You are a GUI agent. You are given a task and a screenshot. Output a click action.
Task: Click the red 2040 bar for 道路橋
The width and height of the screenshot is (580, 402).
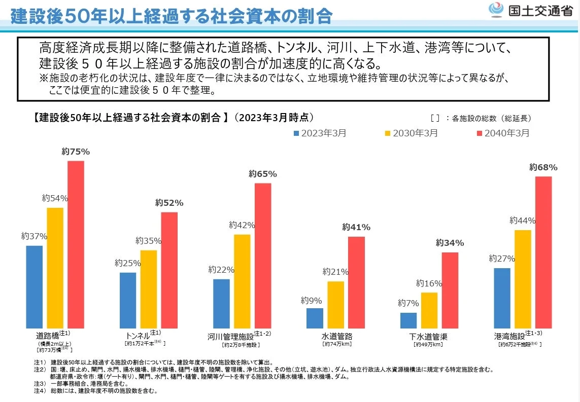tap(76, 244)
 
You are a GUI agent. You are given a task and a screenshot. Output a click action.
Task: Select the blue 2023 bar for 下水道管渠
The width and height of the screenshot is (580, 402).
tap(408, 320)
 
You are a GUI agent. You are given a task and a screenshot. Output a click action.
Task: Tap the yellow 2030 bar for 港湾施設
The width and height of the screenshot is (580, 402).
tap(523, 279)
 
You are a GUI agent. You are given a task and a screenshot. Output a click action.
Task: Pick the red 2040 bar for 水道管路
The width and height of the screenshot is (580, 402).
tap(356, 282)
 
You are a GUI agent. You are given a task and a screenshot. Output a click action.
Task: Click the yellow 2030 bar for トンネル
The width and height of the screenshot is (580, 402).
tap(149, 289)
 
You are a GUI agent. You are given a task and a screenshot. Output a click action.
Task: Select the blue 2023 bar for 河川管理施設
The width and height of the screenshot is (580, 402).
tap(221, 303)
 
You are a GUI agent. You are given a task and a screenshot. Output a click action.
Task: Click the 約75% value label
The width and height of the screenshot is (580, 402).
tap(76, 151)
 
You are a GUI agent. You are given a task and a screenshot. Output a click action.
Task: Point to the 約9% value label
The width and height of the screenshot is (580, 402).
tap(311, 301)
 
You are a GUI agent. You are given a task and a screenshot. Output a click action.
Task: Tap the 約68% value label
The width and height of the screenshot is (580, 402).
tap(543, 167)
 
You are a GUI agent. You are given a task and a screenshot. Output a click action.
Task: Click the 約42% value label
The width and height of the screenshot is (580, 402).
tap(242, 225)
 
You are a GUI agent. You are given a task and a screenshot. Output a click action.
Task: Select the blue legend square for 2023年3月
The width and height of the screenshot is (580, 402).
tap(296, 133)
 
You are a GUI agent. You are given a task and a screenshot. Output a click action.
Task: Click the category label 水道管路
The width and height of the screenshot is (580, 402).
tap(337, 337)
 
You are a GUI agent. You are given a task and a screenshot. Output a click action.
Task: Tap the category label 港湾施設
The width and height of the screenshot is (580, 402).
tap(509, 336)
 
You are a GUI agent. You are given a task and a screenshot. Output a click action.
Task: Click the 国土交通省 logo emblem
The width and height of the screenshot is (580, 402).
tap(495, 10)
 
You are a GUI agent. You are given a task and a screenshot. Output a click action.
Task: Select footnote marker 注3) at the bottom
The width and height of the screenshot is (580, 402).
tap(40, 384)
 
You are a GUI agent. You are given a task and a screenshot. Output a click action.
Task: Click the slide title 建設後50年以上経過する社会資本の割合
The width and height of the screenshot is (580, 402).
tap(171, 16)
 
